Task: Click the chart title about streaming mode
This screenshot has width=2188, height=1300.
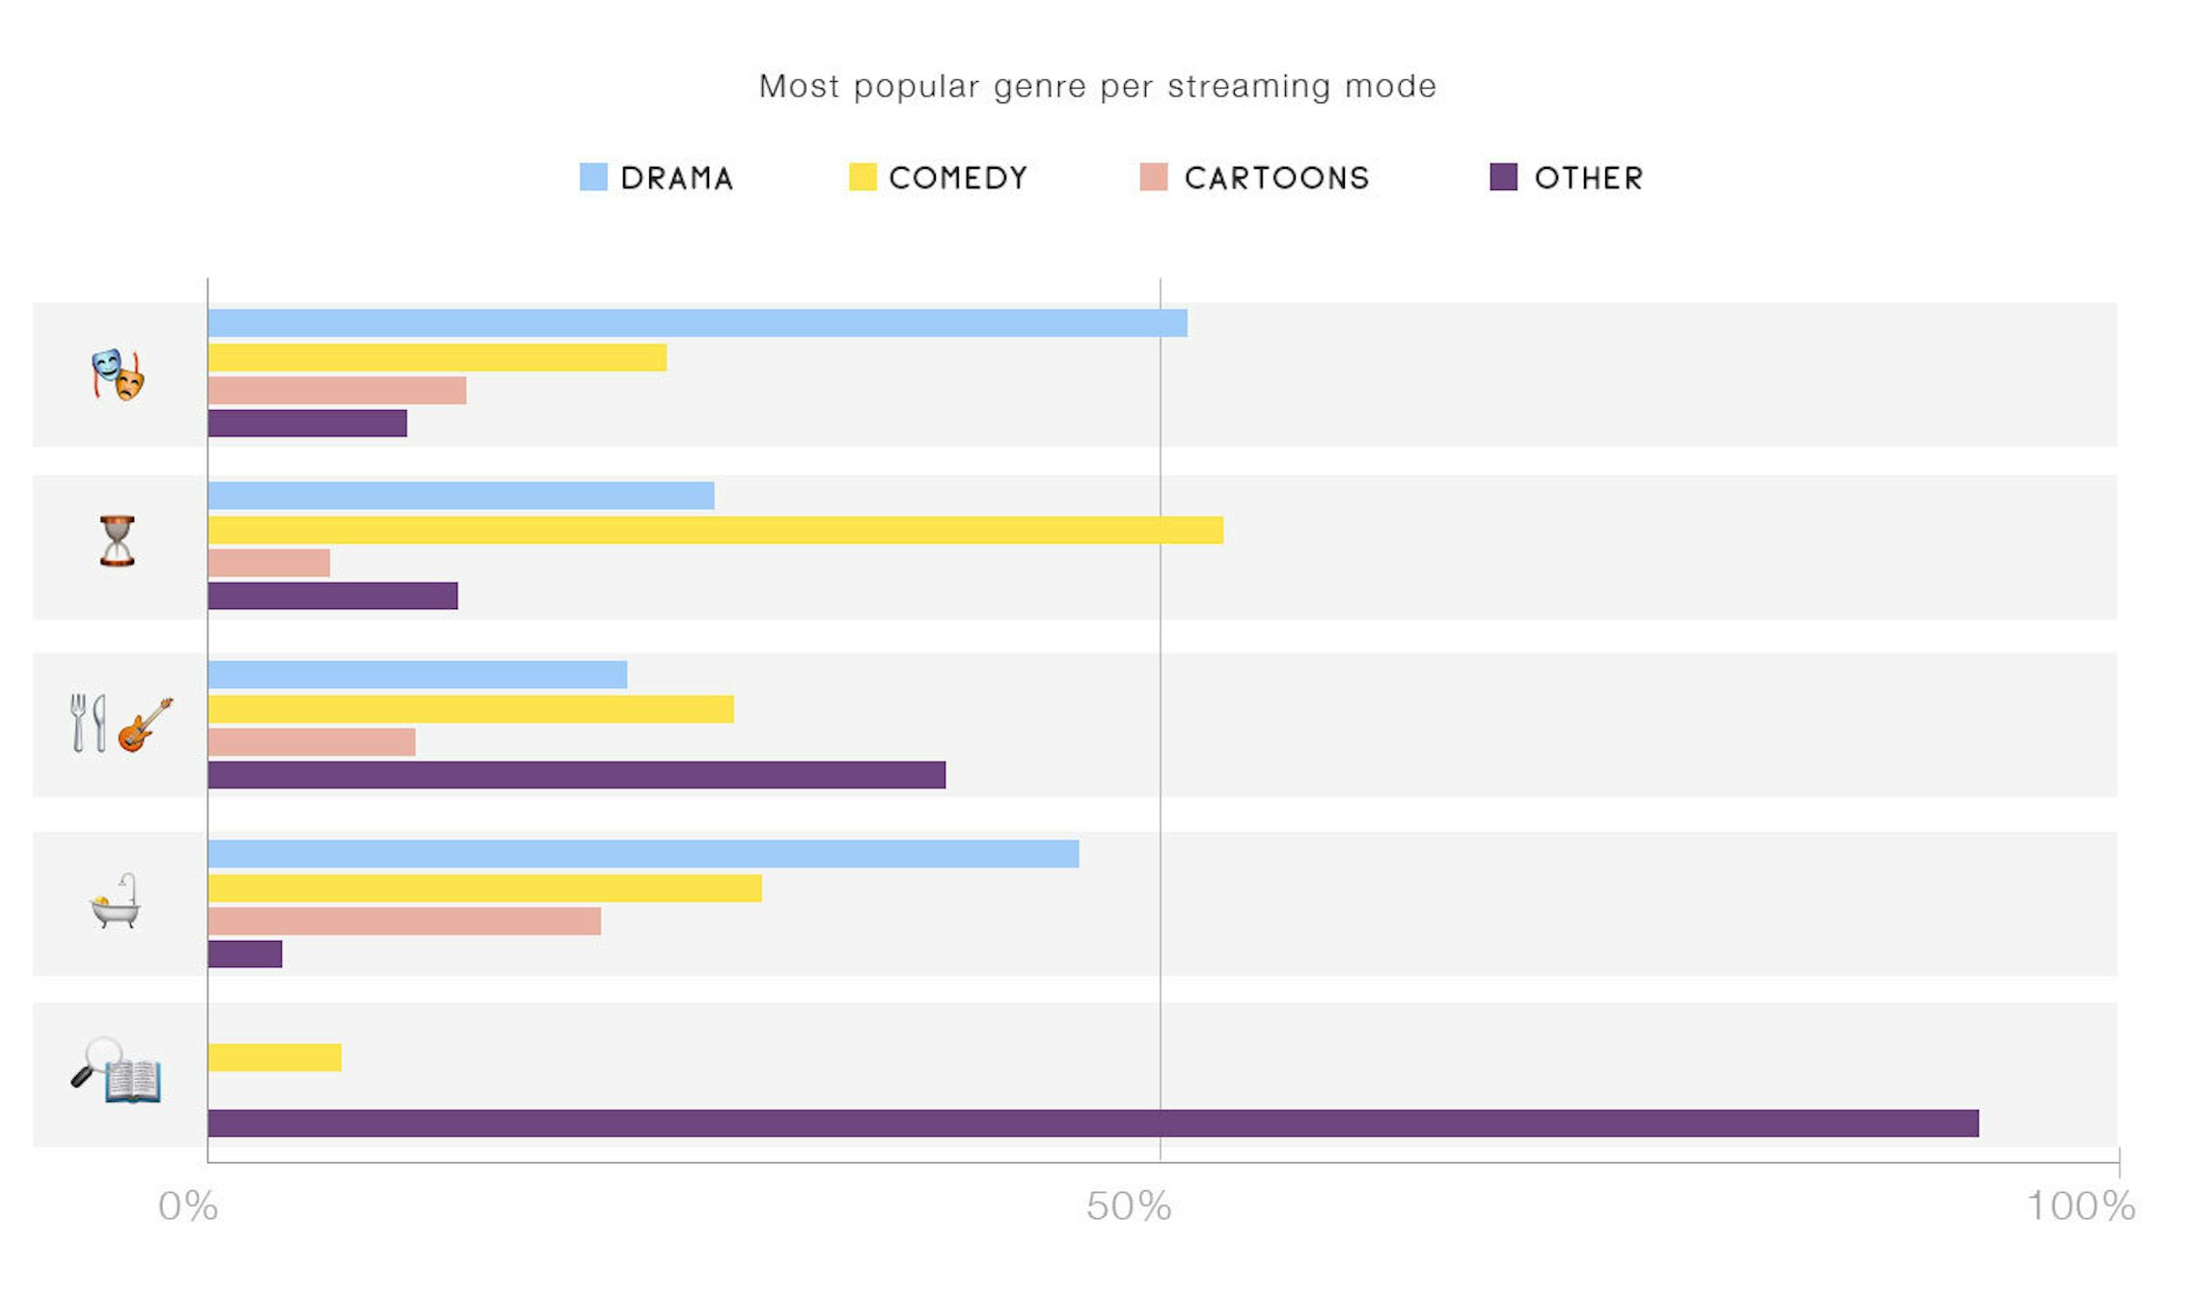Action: pos(1097,87)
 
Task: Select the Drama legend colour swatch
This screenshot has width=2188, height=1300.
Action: pos(593,178)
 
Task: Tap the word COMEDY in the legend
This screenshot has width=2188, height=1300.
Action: pos(958,179)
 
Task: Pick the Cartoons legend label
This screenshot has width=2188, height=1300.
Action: pos(1276,179)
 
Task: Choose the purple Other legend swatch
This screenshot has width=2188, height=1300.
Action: pos(1503,178)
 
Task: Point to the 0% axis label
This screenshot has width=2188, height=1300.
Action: pos(188,1206)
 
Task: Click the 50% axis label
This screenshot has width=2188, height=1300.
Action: pos(1129,1206)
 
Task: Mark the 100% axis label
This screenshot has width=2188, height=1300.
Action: pos(2080,1206)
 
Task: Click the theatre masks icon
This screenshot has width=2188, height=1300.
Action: pos(118,374)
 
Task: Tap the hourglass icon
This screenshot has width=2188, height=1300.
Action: pos(118,540)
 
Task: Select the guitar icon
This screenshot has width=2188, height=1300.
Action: pos(146,724)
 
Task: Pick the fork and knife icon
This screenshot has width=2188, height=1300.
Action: pos(88,723)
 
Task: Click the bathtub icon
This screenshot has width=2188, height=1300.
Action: pos(116,901)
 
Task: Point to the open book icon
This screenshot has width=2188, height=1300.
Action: pos(132,1080)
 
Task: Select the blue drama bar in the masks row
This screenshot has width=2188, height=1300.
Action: pos(697,323)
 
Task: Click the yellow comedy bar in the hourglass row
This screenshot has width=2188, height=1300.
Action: pos(715,530)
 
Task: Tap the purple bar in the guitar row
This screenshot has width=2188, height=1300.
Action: pos(576,775)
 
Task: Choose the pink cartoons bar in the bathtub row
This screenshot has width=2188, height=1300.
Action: pos(404,921)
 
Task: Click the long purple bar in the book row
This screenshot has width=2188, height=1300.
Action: pos(1092,1123)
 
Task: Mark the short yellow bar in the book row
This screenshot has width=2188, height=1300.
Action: pos(274,1058)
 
